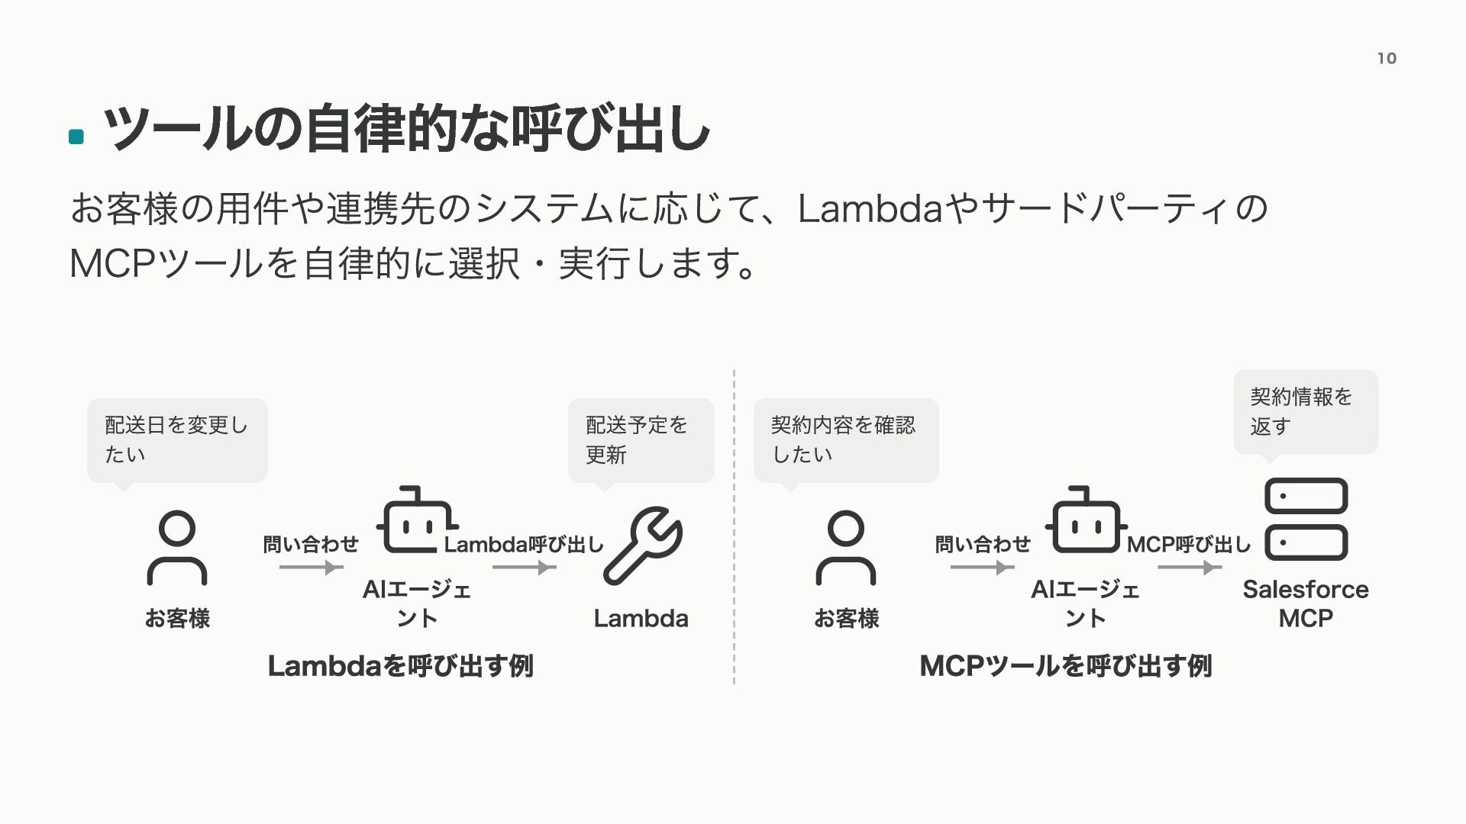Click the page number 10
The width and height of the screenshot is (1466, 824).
[1387, 58]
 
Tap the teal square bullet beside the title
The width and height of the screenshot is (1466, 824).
[76, 137]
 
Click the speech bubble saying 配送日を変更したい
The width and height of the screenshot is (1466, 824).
[177, 441]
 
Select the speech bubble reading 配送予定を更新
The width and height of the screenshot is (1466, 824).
[641, 441]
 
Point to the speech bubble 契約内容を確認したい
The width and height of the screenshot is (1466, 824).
[846, 441]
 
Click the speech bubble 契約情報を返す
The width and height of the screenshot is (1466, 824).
[1306, 413]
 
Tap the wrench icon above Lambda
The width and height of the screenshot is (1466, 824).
[643, 546]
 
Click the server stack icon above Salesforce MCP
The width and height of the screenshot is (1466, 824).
[1306, 519]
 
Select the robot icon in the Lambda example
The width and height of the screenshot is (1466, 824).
[417, 520]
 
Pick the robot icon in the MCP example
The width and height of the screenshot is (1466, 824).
[1086, 520]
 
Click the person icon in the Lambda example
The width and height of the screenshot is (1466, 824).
[177, 547]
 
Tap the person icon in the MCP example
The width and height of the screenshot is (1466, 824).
[846, 547]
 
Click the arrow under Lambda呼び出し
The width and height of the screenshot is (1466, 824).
[525, 567]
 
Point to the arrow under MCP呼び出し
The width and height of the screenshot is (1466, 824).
[1190, 567]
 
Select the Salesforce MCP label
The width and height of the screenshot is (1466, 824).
[1306, 604]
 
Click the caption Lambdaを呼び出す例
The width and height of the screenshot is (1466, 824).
[401, 666]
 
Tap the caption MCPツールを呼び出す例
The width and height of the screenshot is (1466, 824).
[1066, 666]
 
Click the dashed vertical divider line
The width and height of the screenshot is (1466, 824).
[734, 526]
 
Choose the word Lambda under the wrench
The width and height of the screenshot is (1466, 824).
[641, 618]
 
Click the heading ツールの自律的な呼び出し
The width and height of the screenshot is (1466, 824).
[406, 129]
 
